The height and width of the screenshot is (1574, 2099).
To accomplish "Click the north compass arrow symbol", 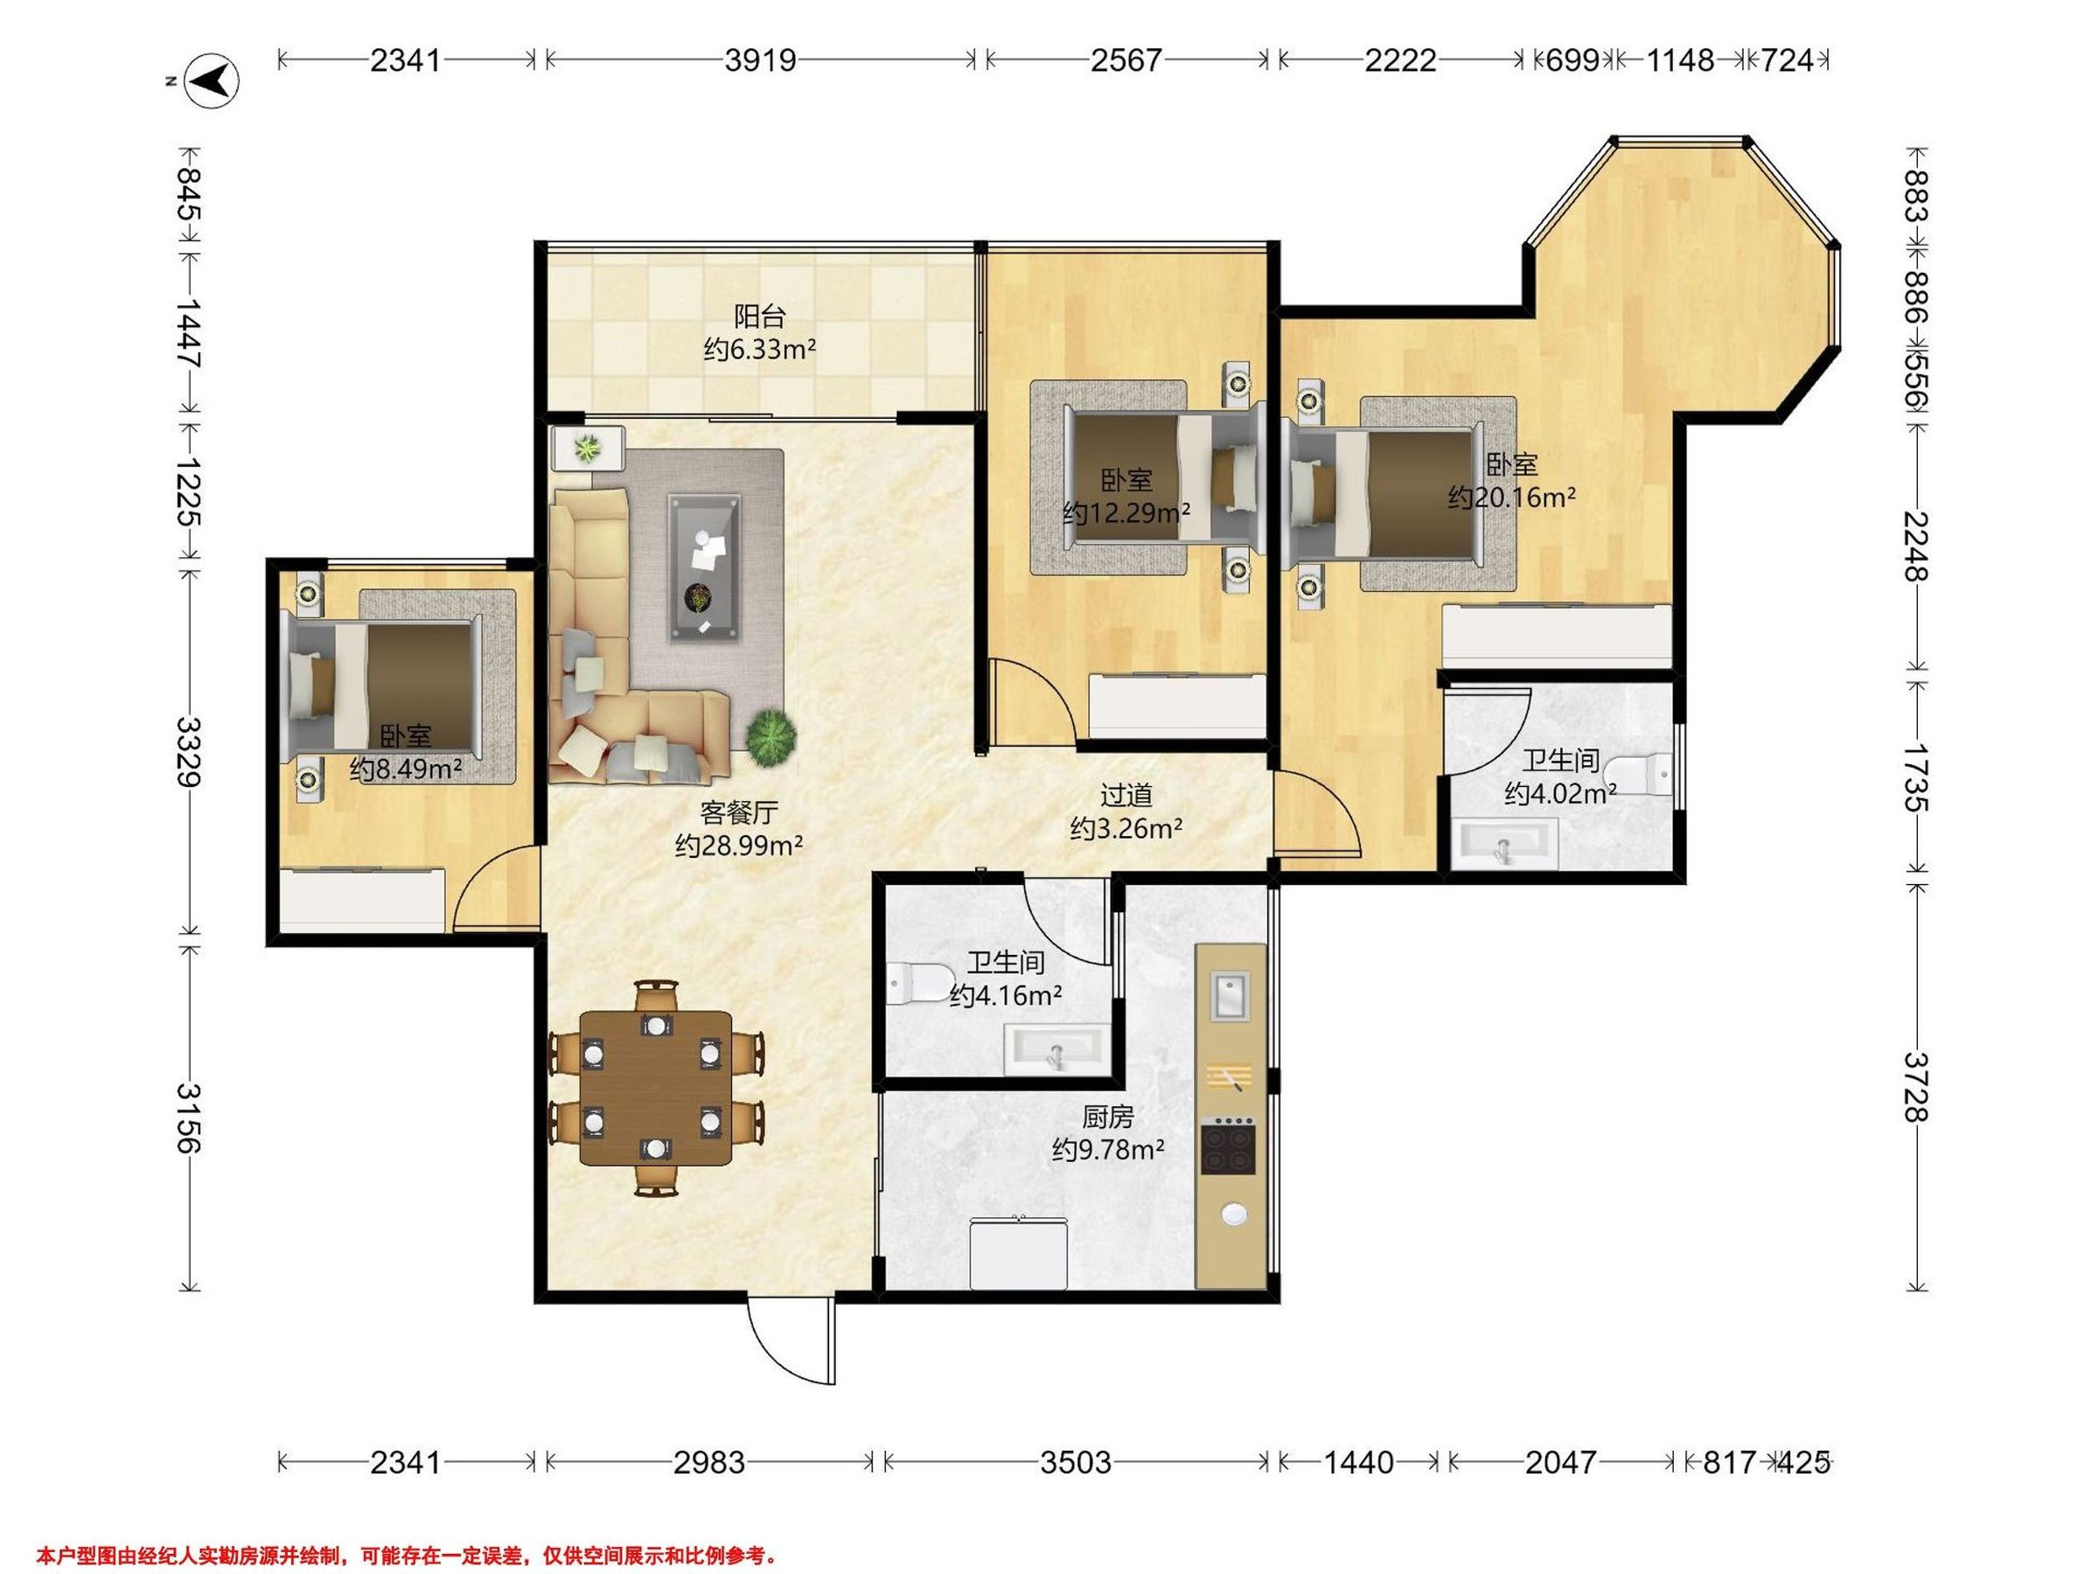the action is (212, 80).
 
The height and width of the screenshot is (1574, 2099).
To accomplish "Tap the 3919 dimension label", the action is (760, 60).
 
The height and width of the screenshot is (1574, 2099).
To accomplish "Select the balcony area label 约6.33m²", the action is (760, 350).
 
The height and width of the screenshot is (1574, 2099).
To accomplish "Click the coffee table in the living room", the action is (704, 568).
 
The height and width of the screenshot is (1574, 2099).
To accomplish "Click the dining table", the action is (656, 1087).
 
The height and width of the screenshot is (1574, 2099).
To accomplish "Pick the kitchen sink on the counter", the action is (1230, 996).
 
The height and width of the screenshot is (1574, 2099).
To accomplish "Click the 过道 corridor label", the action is (1126, 794).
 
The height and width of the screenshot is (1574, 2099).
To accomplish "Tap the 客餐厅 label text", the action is (739, 812).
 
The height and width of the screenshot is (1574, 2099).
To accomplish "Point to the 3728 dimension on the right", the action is (1916, 1086).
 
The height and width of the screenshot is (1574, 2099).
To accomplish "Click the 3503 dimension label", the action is (1075, 1462).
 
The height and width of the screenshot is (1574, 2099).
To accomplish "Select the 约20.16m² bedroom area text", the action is (1511, 498).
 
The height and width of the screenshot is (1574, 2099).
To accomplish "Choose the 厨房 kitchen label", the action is (1107, 1117).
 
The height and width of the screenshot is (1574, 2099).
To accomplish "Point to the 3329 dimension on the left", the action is (189, 751).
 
